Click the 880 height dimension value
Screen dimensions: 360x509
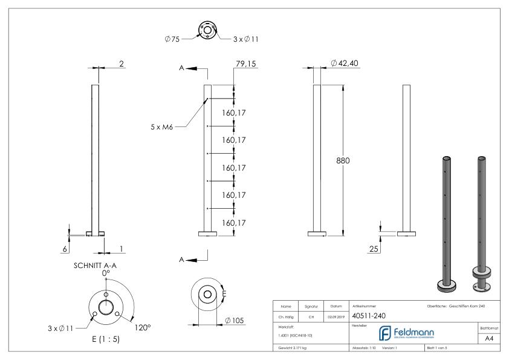pos(343,162)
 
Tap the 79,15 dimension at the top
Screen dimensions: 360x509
pos(246,64)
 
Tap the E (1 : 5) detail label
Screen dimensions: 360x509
pos(100,339)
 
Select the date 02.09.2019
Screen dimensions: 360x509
pos(336,315)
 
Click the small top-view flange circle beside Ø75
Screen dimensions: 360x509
pos(207,28)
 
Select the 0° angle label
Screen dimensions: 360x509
pos(106,273)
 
